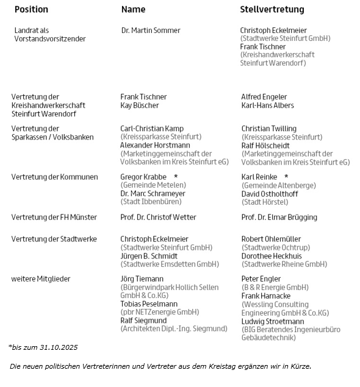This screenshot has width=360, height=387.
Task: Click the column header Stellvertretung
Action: [x=272, y=10]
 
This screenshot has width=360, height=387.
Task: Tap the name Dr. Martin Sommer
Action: [x=151, y=30]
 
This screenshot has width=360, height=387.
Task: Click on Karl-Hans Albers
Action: [x=267, y=105]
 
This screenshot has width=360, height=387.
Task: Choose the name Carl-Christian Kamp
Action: [x=152, y=129]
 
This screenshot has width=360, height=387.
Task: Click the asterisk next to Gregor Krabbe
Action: [x=176, y=177]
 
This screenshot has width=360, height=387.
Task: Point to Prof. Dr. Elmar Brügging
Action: [x=279, y=217]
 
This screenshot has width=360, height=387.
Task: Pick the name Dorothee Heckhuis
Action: [x=272, y=256]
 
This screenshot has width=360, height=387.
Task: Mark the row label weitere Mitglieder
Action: [x=40, y=279]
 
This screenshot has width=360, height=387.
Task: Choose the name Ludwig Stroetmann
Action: [x=272, y=321]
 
